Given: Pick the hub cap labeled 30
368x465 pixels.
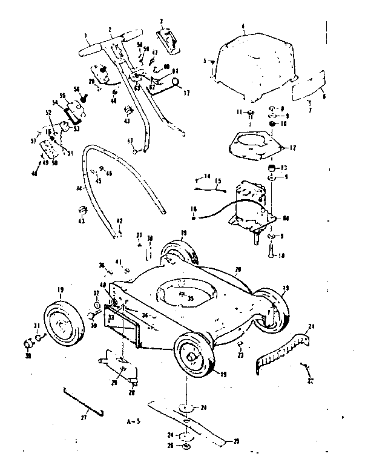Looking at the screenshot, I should (x=29, y=345).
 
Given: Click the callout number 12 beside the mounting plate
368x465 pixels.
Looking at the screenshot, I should (x=295, y=147).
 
